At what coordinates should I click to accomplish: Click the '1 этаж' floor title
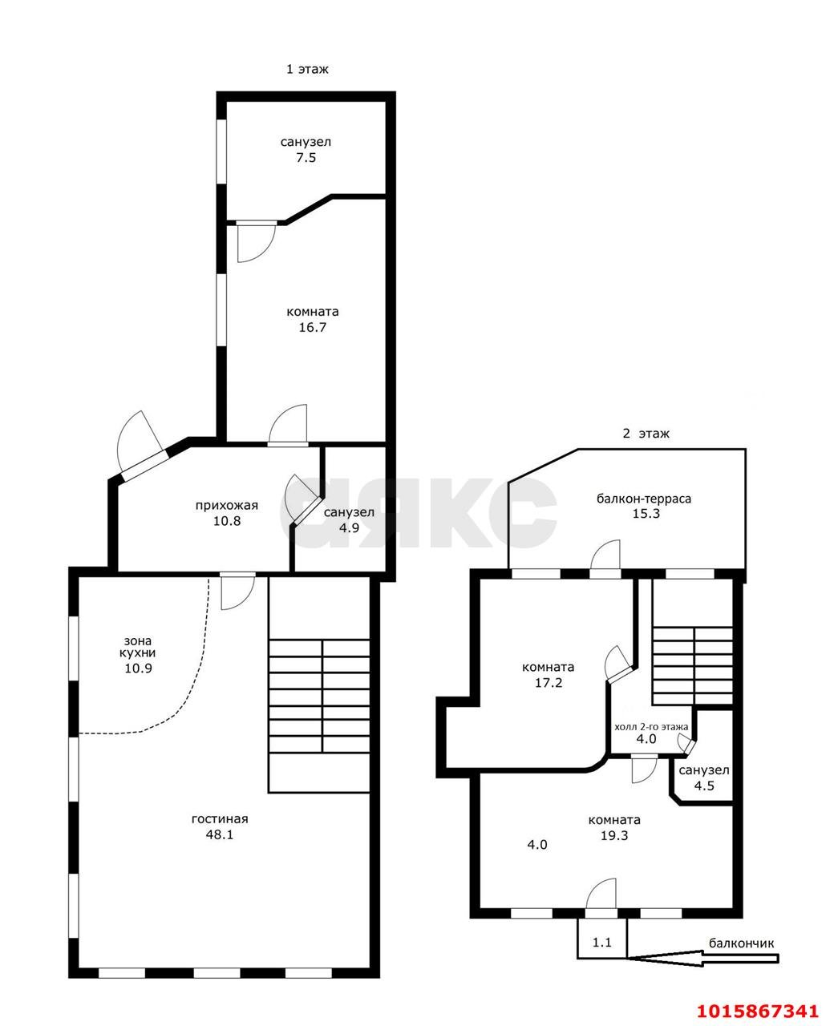click(x=306, y=69)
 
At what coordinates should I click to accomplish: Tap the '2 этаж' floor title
click(x=646, y=433)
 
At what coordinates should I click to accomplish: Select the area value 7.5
click(x=306, y=157)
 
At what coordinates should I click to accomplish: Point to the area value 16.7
click(x=313, y=327)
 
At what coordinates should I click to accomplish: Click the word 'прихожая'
click(x=226, y=506)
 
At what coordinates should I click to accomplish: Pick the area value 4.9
click(x=349, y=527)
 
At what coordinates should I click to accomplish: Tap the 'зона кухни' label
click(x=138, y=647)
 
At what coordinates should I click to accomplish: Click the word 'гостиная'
click(x=220, y=818)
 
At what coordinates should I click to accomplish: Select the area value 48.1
click(x=220, y=834)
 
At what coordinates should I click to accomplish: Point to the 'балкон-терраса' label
click(x=644, y=499)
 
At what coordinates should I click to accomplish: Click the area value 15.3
click(x=646, y=513)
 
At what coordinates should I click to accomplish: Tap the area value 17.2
click(x=549, y=683)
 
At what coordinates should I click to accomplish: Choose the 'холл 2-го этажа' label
click(x=651, y=727)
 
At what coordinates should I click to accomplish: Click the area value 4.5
click(x=704, y=786)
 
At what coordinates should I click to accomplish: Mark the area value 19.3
click(x=614, y=835)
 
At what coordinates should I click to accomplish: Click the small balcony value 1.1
click(x=601, y=943)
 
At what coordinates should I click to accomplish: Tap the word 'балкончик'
click(x=741, y=943)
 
